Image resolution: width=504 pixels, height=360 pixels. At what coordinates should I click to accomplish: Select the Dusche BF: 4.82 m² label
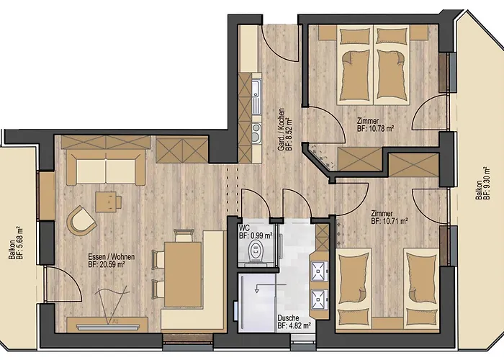(294, 321)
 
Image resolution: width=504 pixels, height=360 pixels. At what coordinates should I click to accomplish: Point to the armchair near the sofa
(81, 220)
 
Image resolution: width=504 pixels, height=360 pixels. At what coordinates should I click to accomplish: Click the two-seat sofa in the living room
(106, 168)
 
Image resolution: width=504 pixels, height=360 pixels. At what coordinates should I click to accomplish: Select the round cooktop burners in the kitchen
(256, 132)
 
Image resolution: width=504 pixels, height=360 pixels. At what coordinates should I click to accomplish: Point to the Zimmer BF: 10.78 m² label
(375, 125)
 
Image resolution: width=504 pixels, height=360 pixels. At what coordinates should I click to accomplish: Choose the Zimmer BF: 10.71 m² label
(390, 217)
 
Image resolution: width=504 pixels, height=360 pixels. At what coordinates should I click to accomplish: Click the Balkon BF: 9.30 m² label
(483, 184)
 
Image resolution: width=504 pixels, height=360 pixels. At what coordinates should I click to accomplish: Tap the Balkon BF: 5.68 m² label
(16, 243)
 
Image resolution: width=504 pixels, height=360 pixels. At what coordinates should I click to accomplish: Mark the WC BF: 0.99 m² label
(256, 232)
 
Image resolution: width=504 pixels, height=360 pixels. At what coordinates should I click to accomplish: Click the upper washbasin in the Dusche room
(319, 271)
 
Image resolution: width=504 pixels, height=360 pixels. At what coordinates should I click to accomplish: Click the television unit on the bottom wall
(107, 324)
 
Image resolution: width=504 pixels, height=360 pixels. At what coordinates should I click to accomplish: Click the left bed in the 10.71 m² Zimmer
(354, 288)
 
